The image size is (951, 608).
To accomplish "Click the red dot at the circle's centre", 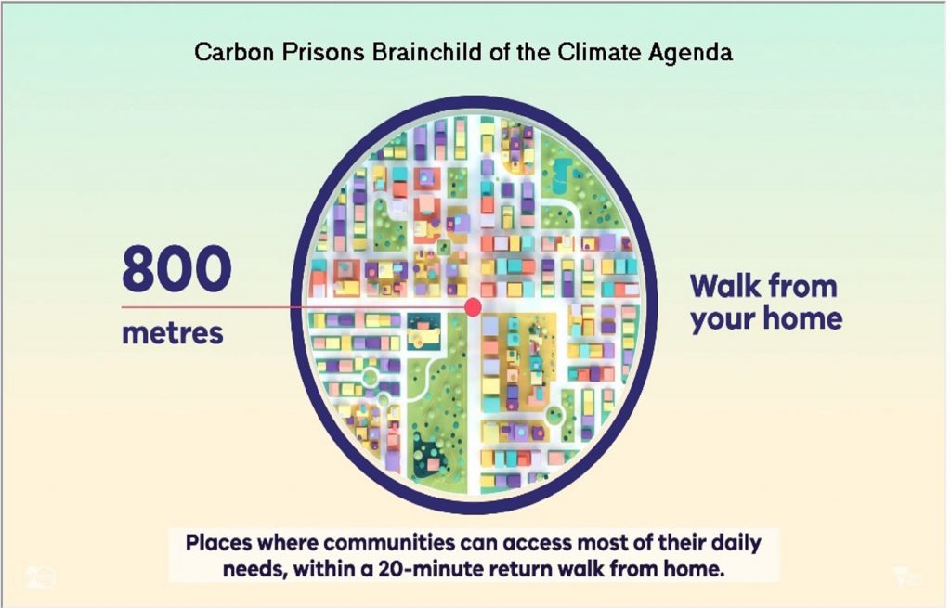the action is (x=473, y=306).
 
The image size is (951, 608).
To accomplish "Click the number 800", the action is (x=176, y=268).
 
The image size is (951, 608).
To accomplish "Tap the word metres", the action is (x=173, y=333).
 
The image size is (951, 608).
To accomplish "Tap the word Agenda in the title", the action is (x=690, y=53).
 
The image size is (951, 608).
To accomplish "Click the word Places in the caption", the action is (x=218, y=542).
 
